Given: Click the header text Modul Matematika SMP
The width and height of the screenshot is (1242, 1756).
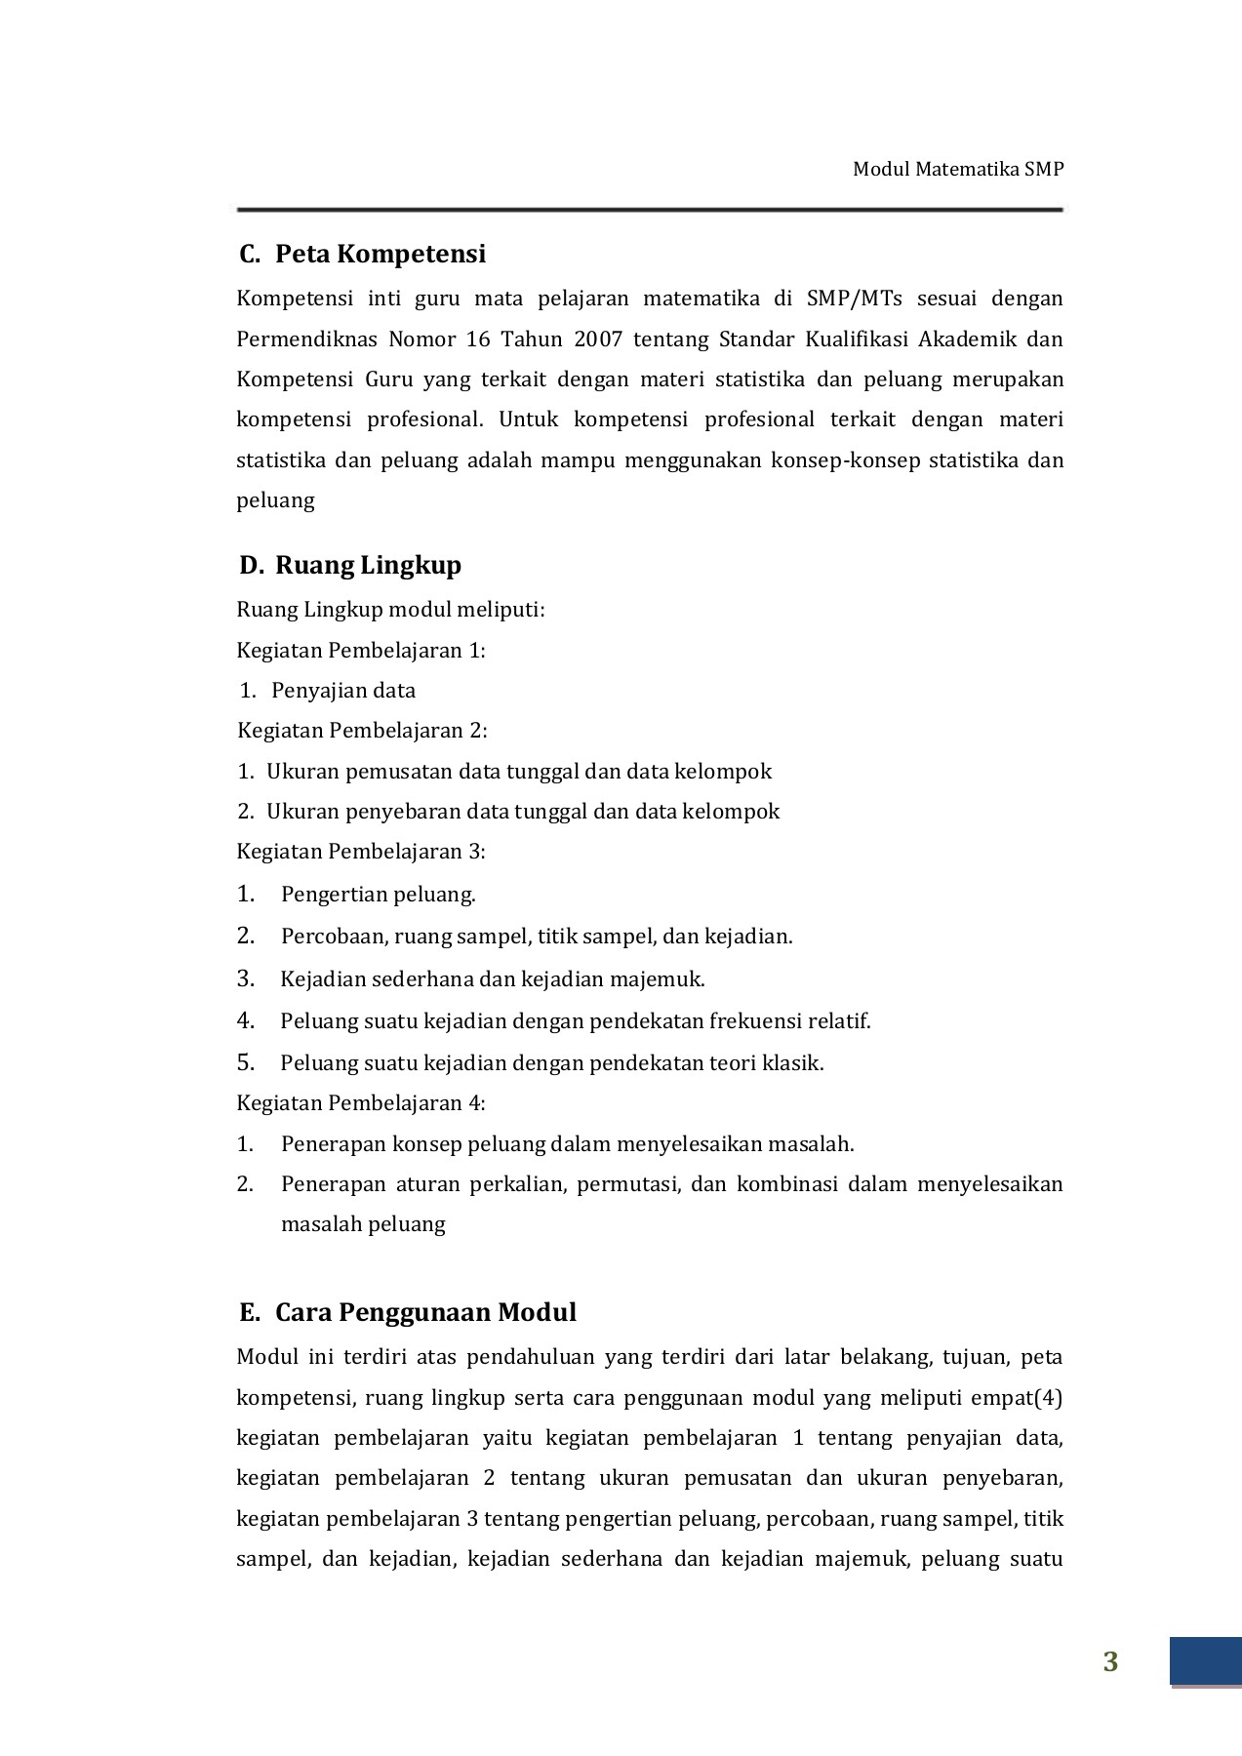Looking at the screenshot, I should click(x=957, y=169).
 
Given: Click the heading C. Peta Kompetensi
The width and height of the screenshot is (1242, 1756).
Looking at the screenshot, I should click(x=362, y=254).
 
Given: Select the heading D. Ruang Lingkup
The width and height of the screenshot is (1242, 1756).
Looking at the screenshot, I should click(x=350, y=565).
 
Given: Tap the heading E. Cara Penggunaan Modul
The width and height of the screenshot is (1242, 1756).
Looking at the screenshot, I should click(x=408, y=1312).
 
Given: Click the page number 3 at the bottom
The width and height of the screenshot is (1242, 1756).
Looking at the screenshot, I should click(x=1110, y=1662).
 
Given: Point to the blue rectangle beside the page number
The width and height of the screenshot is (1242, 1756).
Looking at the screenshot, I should click(x=1205, y=1661).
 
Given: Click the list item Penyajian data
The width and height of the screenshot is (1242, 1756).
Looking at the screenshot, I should click(x=343, y=691).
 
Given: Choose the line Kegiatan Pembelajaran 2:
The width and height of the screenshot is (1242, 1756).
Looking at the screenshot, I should click(x=362, y=731).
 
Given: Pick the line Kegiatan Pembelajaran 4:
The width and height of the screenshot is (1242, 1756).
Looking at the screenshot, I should click(x=360, y=1103).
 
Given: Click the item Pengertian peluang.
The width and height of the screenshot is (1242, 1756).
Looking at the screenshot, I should click(x=378, y=895).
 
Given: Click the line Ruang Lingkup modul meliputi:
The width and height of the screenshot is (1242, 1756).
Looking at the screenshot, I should click(x=390, y=610).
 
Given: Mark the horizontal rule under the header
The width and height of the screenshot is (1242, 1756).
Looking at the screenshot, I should click(x=649, y=210).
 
